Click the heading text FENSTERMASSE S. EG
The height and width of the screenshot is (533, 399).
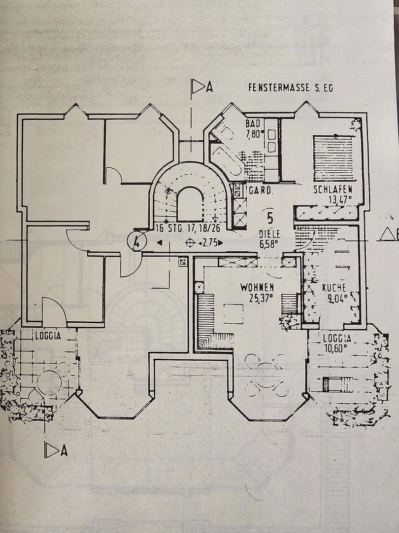pos(291,88)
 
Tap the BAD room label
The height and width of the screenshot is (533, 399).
pos(253,123)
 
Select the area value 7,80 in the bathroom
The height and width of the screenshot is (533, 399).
pos(255,133)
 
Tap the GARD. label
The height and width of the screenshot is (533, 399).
pos(261,190)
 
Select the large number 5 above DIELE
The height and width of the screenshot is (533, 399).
pos(270,217)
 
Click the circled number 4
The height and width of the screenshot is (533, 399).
pos(136,241)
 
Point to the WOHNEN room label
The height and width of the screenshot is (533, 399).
pos(257,287)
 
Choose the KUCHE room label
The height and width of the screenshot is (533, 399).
pos(334,287)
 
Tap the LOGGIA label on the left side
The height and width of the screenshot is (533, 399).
pos(48,336)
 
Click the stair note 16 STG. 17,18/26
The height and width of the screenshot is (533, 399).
pos(188,228)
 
